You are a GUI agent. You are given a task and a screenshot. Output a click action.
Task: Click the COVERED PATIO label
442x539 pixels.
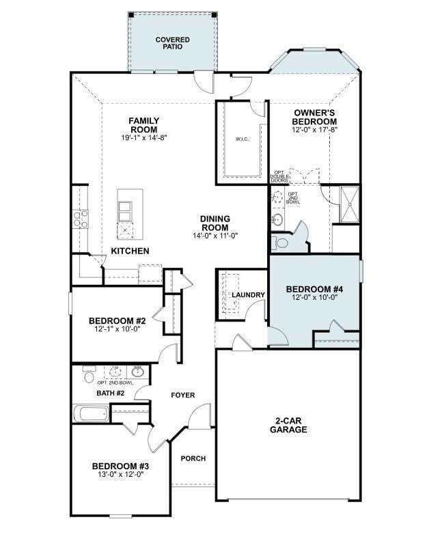pyautogui.click(x=172, y=44)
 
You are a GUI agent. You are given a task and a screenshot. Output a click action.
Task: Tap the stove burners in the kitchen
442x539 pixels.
pyautogui.click(x=80, y=219)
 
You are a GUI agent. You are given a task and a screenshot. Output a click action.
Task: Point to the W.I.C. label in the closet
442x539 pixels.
pyautogui.click(x=242, y=139)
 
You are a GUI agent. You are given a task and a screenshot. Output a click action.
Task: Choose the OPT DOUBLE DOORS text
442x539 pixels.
pyautogui.click(x=279, y=176)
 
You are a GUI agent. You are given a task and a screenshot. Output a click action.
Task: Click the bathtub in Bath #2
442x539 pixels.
pyautogui.click(x=91, y=413)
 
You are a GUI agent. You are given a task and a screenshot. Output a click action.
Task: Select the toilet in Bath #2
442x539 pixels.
pyautogui.click(x=88, y=374)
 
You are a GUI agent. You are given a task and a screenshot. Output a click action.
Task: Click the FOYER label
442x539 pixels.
pyautogui.click(x=182, y=396)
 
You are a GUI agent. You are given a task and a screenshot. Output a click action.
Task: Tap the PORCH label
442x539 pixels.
pyautogui.click(x=193, y=458)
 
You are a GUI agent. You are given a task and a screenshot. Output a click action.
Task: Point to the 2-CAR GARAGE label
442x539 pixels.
pyautogui.click(x=288, y=425)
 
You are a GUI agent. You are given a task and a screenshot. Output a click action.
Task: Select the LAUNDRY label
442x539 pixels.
pyautogui.click(x=248, y=295)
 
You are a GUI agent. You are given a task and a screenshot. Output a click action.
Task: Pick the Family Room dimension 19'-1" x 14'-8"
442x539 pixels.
pyautogui.click(x=143, y=137)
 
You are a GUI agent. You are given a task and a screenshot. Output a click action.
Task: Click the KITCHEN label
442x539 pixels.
pyautogui.click(x=130, y=251)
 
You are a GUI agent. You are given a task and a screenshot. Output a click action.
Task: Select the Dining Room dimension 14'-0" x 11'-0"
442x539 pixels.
pyautogui.click(x=215, y=236)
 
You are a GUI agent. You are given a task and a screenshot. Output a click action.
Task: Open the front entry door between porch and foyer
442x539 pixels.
pyautogui.click(x=201, y=417)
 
